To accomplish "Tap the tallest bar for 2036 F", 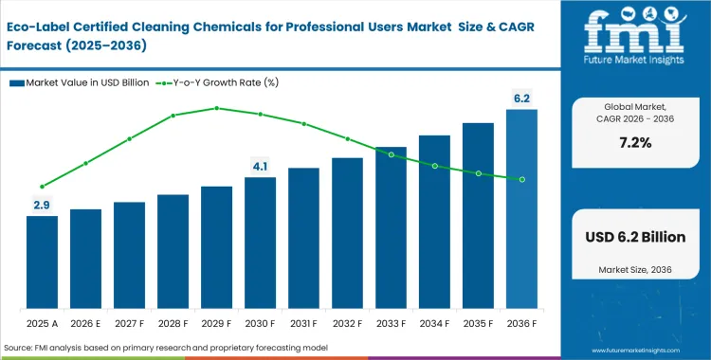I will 521,210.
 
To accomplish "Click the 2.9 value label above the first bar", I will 42,205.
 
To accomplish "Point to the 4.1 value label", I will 260,167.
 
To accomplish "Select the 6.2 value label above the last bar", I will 521,97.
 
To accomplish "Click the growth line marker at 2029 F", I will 216,108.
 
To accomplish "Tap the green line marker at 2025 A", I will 42,187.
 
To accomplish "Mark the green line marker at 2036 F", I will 521,179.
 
